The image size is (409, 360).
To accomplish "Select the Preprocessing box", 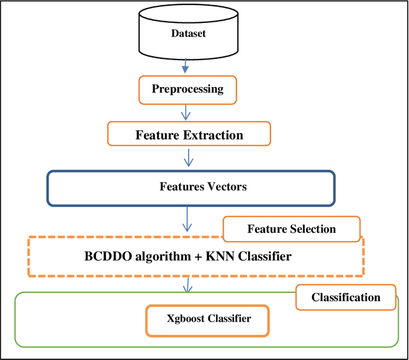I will click(x=187, y=89).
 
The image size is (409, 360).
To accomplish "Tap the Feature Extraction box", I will click(x=189, y=135).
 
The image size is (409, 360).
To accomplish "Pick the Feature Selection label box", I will click(x=291, y=229).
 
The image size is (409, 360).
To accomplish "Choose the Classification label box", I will click(x=345, y=297).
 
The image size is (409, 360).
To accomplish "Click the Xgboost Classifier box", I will click(x=208, y=318).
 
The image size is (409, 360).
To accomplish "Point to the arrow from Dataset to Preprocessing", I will click(x=185, y=65).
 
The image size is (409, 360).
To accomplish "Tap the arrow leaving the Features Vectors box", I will click(x=187, y=220).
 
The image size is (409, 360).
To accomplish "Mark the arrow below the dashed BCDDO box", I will click(x=187, y=284).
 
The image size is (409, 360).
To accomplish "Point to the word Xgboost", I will click(x=185, y=318).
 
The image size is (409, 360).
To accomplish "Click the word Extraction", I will click(x=213, y=135).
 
